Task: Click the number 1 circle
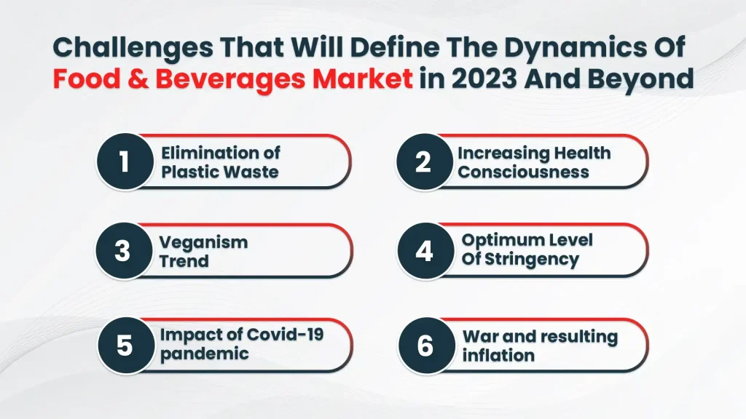[x=125, y=161]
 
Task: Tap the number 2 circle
[x=423, y=161]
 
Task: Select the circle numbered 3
[x=123, y=251]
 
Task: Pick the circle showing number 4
[x=424, y=251]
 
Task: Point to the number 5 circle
[x=125, y=345]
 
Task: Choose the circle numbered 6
[x=425, y=345]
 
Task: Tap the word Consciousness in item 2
[x=523, y=172]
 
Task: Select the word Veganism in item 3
[x=203, y=242]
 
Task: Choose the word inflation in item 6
[x=498, y=356]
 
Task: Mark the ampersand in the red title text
[x=136, y=78]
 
